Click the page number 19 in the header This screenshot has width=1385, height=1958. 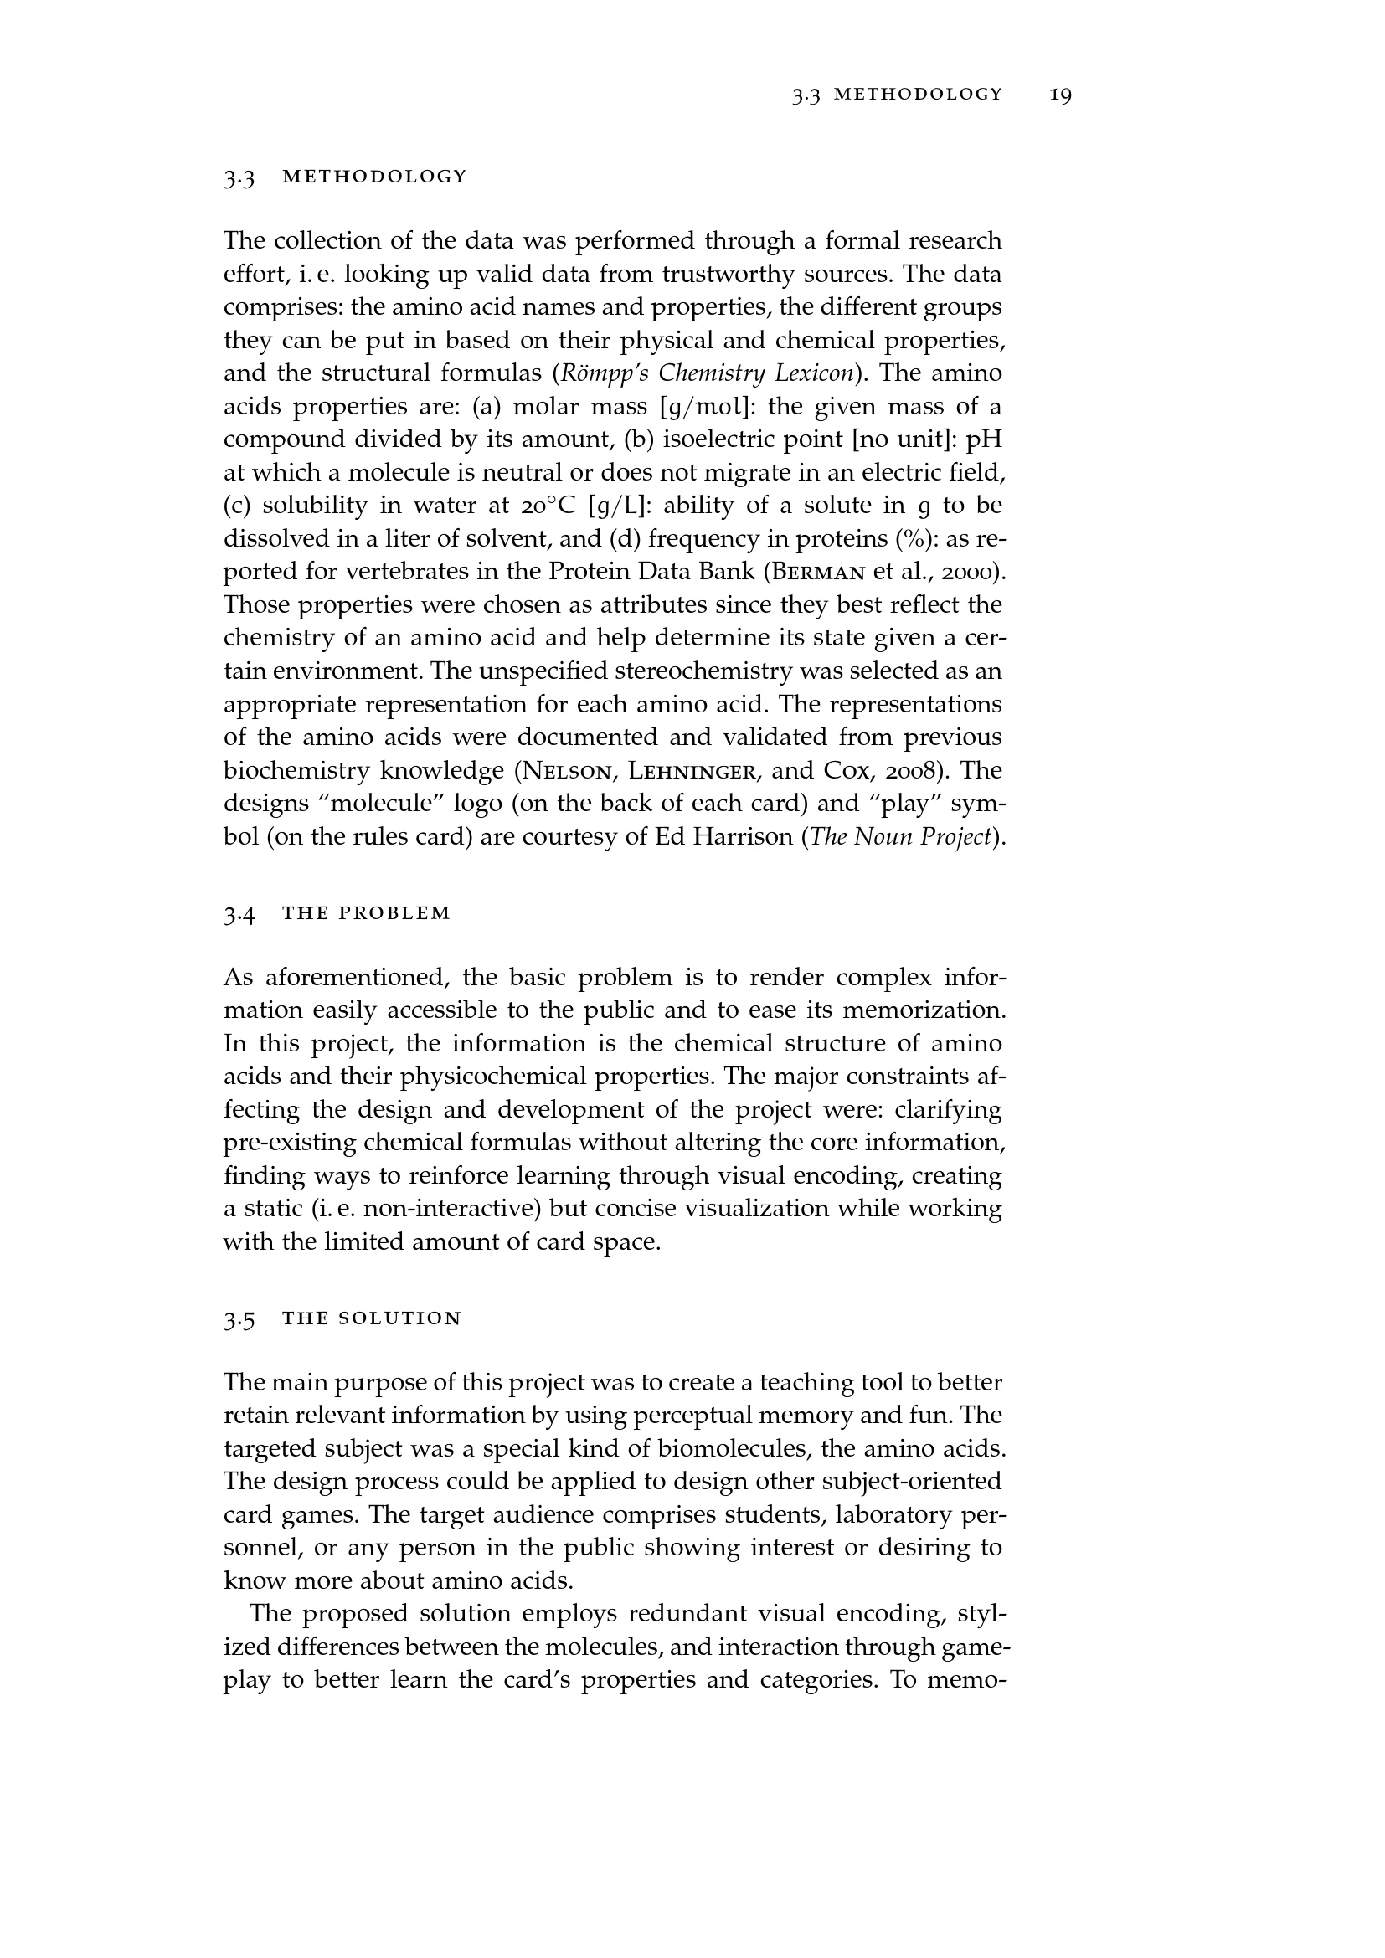[x=1060, y=95]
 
